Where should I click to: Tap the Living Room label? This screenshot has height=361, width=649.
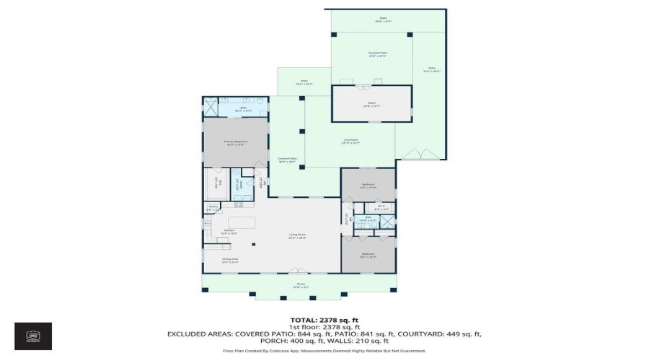298,236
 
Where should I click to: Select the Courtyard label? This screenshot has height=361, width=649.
350,142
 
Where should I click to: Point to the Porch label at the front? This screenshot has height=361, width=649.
300,285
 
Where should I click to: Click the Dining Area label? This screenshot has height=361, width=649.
229,260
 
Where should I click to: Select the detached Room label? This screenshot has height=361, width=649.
371,104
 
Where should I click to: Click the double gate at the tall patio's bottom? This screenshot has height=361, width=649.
420,153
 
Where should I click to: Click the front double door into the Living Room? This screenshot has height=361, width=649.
298,271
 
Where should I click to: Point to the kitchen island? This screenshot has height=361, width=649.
243,220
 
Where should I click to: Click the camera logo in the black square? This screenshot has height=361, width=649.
33,336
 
